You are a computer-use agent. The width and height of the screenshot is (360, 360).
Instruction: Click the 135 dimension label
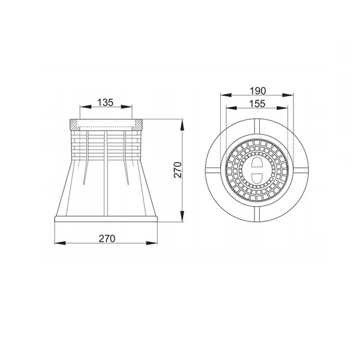click(x=106, y=103)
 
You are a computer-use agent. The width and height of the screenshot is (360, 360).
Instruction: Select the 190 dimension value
click(x=257, y=91)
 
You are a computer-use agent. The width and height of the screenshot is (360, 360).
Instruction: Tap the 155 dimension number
click(x=257, y=104)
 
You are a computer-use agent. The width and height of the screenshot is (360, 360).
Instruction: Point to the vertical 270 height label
click(x=178, y=170)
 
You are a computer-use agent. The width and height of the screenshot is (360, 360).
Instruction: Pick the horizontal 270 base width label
click(x=107, y=239)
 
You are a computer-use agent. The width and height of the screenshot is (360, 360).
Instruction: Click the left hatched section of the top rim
click(x=74, y=125)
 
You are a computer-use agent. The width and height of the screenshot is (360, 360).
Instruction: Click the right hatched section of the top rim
click(x=137, y=125)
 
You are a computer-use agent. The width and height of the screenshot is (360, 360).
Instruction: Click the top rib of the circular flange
click(x=257, y=126)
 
